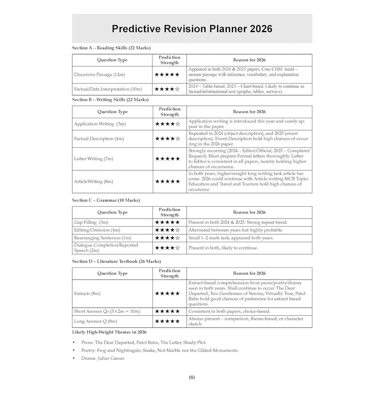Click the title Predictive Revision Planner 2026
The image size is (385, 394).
tap(192, 29)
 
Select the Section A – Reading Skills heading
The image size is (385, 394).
tap(111, 48)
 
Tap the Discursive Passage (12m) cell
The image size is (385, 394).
tap(99, 75)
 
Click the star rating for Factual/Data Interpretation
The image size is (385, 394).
tap(167, 89)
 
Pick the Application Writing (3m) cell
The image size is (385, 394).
tap(100, 124)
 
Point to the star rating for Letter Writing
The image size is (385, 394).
tap(167, 159)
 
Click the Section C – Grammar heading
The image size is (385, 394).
tap(106, 200)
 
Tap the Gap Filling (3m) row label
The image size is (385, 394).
tap(91, 222)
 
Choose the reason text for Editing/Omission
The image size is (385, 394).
tap(236, 230)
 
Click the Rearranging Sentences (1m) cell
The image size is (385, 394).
tap(103, 238)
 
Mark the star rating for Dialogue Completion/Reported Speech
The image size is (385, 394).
tap(167, 248)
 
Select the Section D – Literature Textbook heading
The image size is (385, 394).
tap(116, 261)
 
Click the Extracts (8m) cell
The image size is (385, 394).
tap(87, 293)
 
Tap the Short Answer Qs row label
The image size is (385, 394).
tap(107, 312)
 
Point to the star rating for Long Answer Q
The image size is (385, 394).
tap(167, 321)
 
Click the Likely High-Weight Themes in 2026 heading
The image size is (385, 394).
tap(109, 332)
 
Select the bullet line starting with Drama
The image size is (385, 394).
tap(103, 358)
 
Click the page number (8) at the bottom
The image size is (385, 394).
tap(192, 377)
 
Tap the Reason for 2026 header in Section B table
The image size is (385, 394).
tap(249, 112)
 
